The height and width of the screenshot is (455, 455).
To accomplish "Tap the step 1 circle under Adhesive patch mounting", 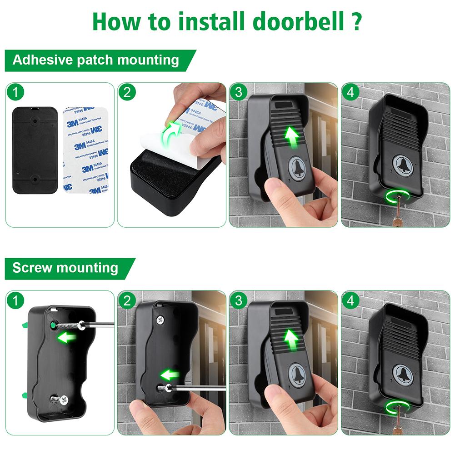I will point(16,93).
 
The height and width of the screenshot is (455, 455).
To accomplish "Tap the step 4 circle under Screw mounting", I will point(352,300).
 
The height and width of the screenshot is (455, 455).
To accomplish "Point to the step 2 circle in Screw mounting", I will point(128,300).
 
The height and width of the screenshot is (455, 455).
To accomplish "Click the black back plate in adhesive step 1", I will point(35,150).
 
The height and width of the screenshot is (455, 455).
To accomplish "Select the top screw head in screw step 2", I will point(159,320).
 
